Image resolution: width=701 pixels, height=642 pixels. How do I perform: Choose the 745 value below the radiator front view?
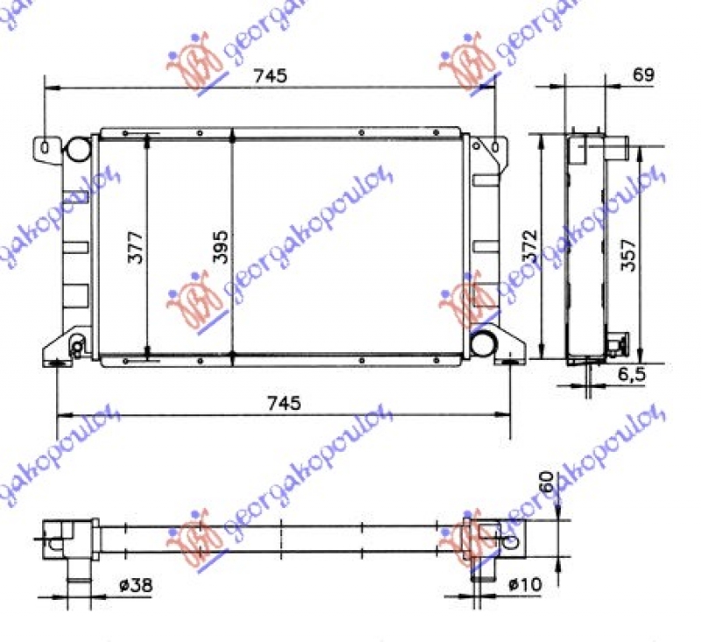click(x=283, y=403)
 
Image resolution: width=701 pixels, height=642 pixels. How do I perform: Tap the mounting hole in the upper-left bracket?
click(x=44, y=146)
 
